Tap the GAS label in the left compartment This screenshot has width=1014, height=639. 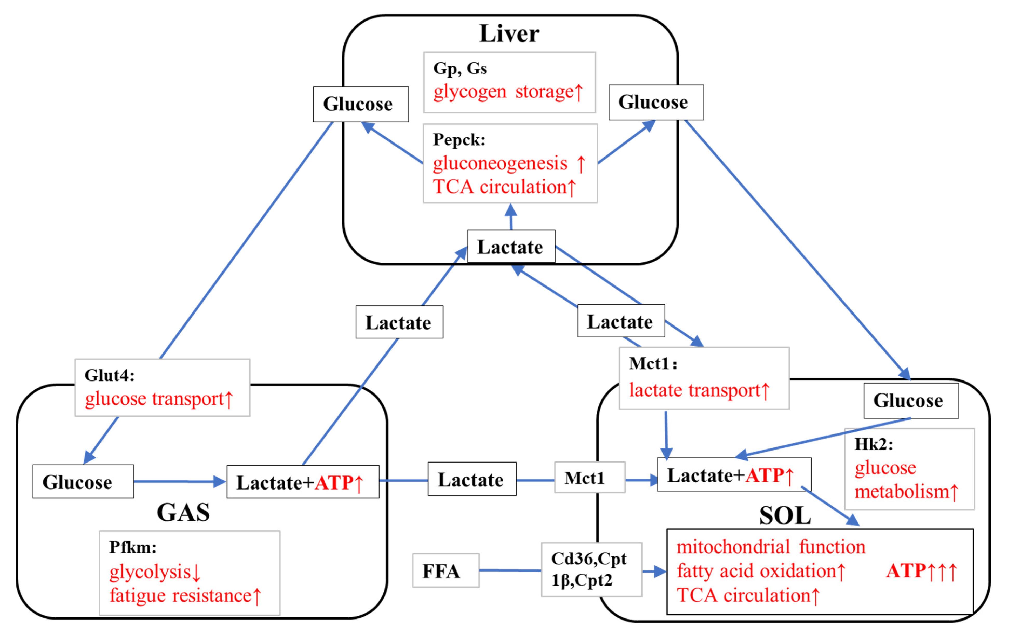183,512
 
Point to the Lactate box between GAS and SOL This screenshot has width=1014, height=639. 472,479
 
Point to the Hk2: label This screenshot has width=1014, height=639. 873,444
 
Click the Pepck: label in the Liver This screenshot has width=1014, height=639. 459,139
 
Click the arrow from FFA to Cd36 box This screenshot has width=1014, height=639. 510,570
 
